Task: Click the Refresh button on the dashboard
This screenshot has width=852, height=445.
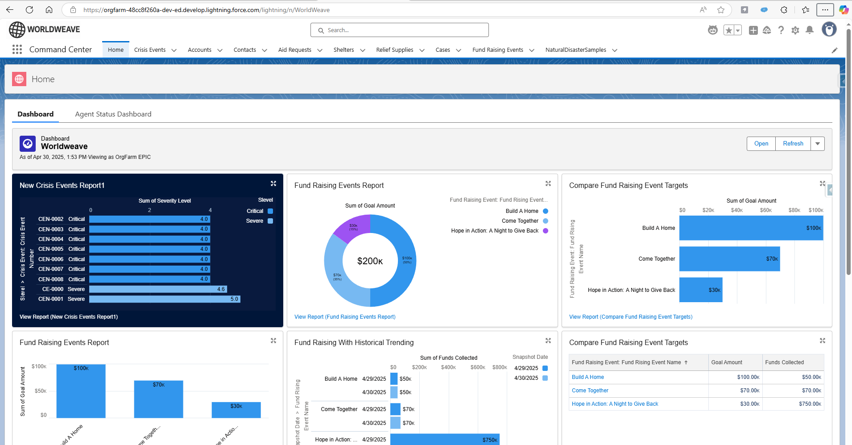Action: pyautogui.click(x=793, y=144)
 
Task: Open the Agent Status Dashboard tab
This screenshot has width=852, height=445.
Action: pyautogui.click(x=113, y=114)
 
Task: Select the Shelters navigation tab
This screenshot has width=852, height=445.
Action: pyautogui.click(x=343, y=50)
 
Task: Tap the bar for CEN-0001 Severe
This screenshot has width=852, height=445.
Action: pyautogui.click(x=165, y=299)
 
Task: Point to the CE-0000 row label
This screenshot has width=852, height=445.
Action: pyautogui.click(x=53, y=289)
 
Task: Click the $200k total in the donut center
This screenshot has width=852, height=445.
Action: pyautogui.click(x=370, y=261)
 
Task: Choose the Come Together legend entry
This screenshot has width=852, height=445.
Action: pyautogui.click(x=520, y=221)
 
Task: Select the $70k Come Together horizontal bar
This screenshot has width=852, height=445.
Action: pyautogui.click(x=729, y=259)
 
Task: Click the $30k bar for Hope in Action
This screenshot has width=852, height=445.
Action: pyautogui.click(x=700, y=290)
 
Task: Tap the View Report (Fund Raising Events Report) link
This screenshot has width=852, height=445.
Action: pyautogui.click(x=345, y=317)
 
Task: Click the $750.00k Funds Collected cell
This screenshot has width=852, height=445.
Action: pyautogui.click(x=810, y=404)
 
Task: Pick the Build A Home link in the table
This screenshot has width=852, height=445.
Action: pyautogui.click(x=588, y=377)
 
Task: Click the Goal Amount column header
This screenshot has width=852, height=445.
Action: pyautogui.click(x=727, y=362)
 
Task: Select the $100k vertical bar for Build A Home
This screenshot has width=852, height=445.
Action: pyautogui.click(x=81, y=391)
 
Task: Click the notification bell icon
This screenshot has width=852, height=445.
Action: pyautogui.click(x=810, y=30)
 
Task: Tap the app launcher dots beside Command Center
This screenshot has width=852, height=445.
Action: pyautogui.click(x=17, y=50)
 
